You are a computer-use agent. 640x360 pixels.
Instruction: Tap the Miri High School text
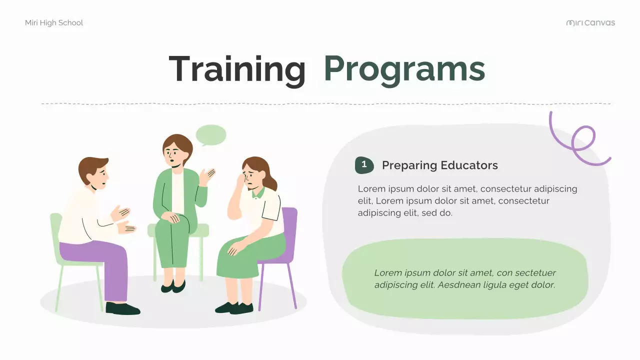54,23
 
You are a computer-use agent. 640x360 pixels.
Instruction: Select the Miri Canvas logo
590,23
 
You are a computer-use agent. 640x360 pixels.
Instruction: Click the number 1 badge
364,164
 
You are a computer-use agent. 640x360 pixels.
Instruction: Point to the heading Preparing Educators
439,165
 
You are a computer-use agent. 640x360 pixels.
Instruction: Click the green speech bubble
210,135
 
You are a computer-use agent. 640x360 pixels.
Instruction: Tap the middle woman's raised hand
207,176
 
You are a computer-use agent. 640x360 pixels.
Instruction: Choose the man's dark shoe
122,309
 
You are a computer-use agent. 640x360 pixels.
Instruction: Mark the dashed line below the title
325,104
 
